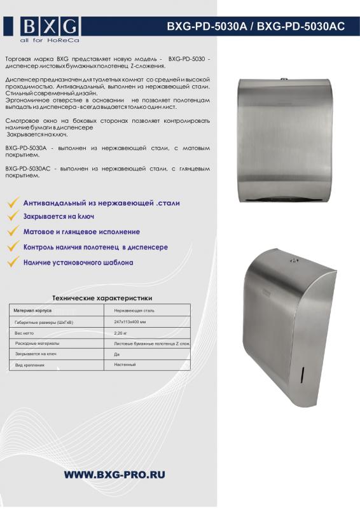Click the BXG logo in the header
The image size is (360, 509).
tap(50, 27)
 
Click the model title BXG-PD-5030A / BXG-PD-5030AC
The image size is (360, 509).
tap(256, 26)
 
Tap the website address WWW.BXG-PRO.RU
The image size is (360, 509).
tap(114, 475)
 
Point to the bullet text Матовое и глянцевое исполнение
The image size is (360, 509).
tap(81, 232)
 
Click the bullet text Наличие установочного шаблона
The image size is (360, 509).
tap(78, 261)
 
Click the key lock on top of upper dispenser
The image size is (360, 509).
tap(284, 81)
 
